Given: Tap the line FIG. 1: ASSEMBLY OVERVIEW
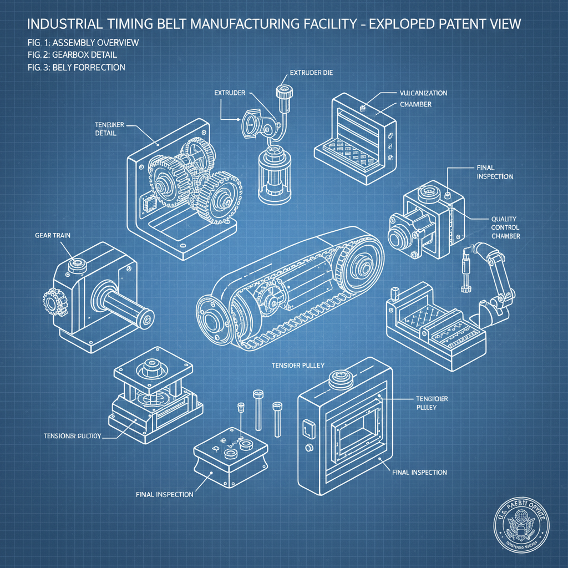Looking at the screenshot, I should click(83, 43).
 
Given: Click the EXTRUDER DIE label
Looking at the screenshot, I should click(311, 73).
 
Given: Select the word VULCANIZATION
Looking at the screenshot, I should click(423, 93).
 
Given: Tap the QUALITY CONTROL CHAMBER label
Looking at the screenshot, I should click(505, 227).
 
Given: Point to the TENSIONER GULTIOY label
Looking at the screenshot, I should click(72, 436).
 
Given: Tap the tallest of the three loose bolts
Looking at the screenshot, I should click(258, 409).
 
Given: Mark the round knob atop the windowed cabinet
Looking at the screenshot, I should click(338, 379).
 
